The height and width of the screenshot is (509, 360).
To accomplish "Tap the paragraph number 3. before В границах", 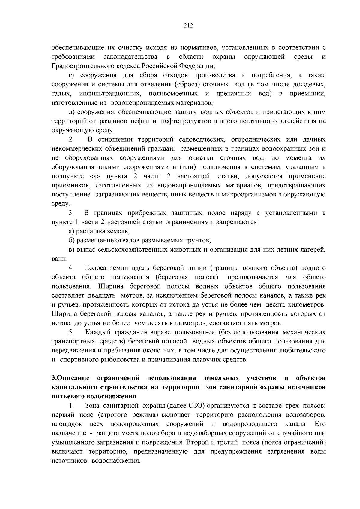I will coord(71,213).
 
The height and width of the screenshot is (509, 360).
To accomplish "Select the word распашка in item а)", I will coord(89,231).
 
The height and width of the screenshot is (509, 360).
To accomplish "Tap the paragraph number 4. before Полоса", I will coord(71,268).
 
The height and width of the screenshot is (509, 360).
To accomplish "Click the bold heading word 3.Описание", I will coord(70,378).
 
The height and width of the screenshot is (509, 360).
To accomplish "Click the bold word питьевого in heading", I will coord(67,396).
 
